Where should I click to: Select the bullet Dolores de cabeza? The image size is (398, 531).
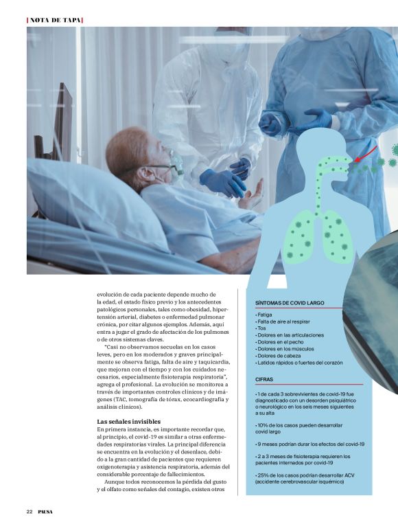point(280,355)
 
